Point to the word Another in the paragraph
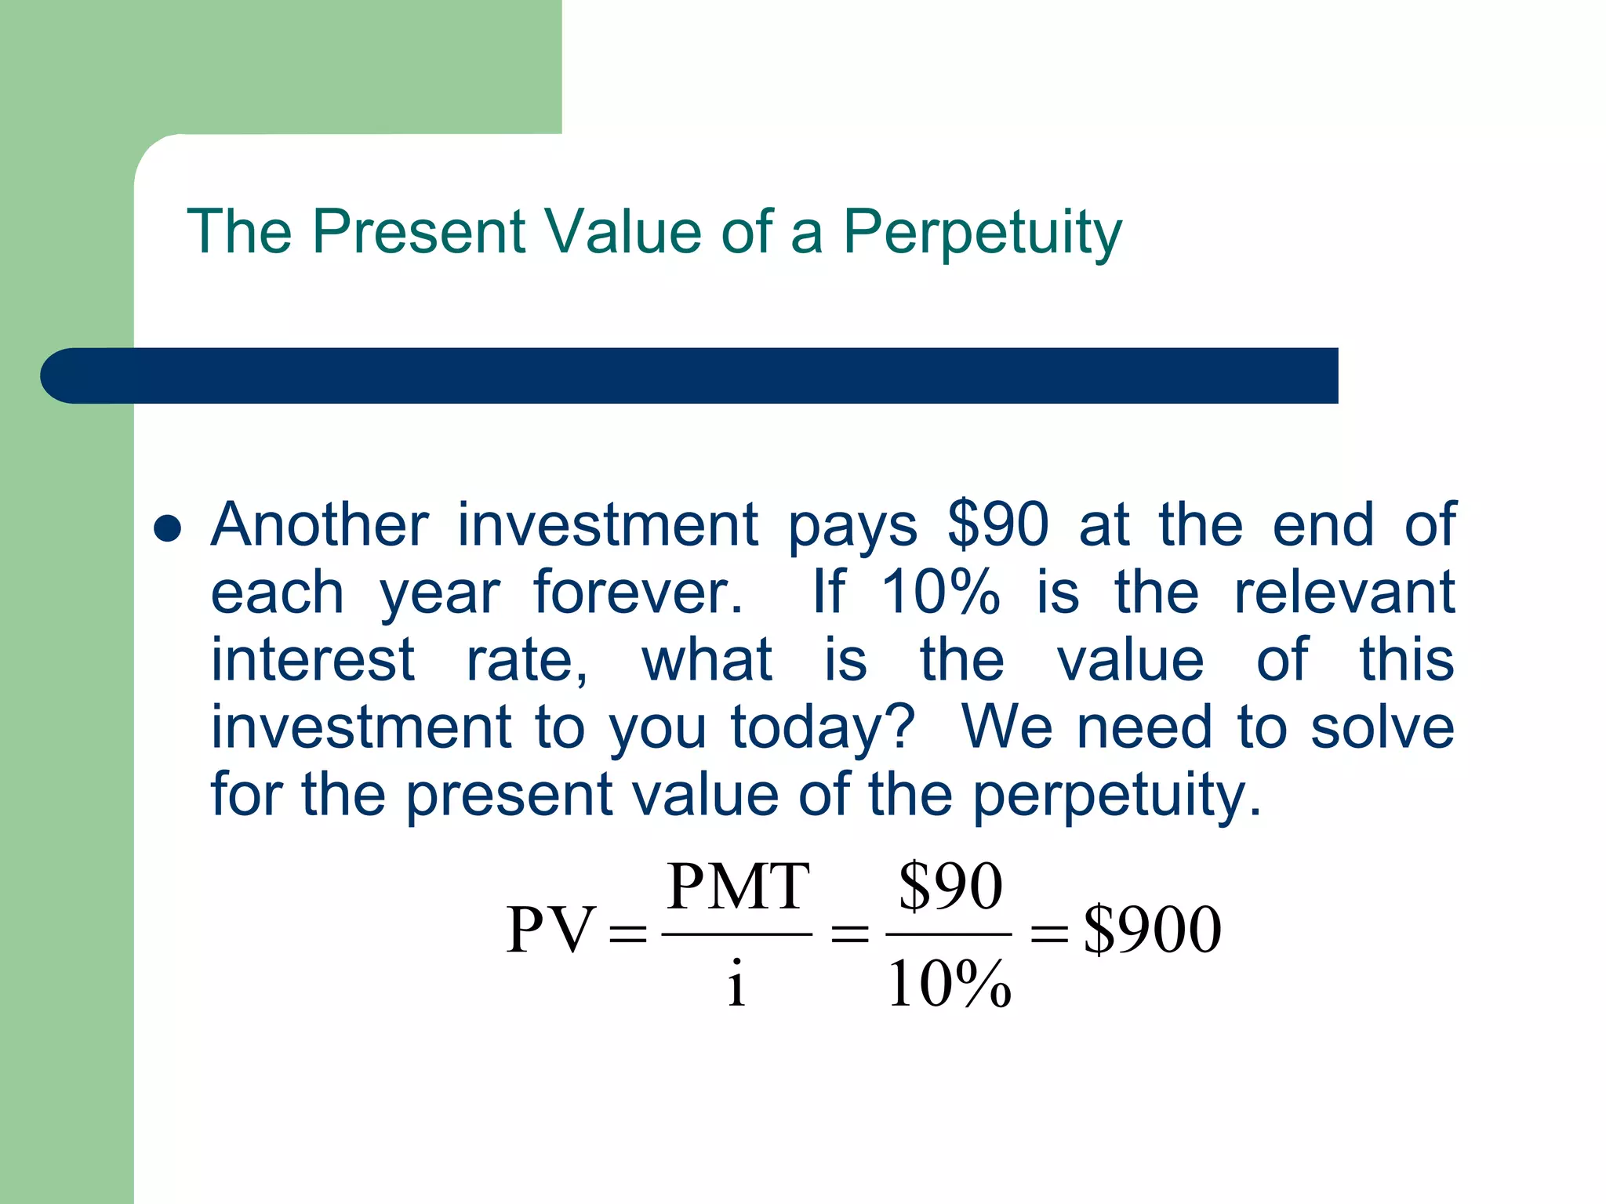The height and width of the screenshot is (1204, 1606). click(320, 524)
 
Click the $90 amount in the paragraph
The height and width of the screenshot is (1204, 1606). click(997, 524)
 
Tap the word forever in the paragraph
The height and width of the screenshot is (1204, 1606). click(638, 593)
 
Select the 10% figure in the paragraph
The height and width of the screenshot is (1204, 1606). click(940, 593)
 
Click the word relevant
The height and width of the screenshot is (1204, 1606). click(1344, 593)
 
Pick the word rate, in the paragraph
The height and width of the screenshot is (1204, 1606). click(527, 660)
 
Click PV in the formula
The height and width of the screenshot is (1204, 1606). click(550, 930)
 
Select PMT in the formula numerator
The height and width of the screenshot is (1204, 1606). click(738, 887)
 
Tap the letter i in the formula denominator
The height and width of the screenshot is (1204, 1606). click(736, 983)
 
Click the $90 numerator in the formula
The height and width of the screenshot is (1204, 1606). click(950, 887)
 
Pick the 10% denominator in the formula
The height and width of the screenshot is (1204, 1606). click(949, 985)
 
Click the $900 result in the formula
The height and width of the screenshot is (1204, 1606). click(1152, 930)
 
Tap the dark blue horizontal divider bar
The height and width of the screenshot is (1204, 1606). click(690, 375)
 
